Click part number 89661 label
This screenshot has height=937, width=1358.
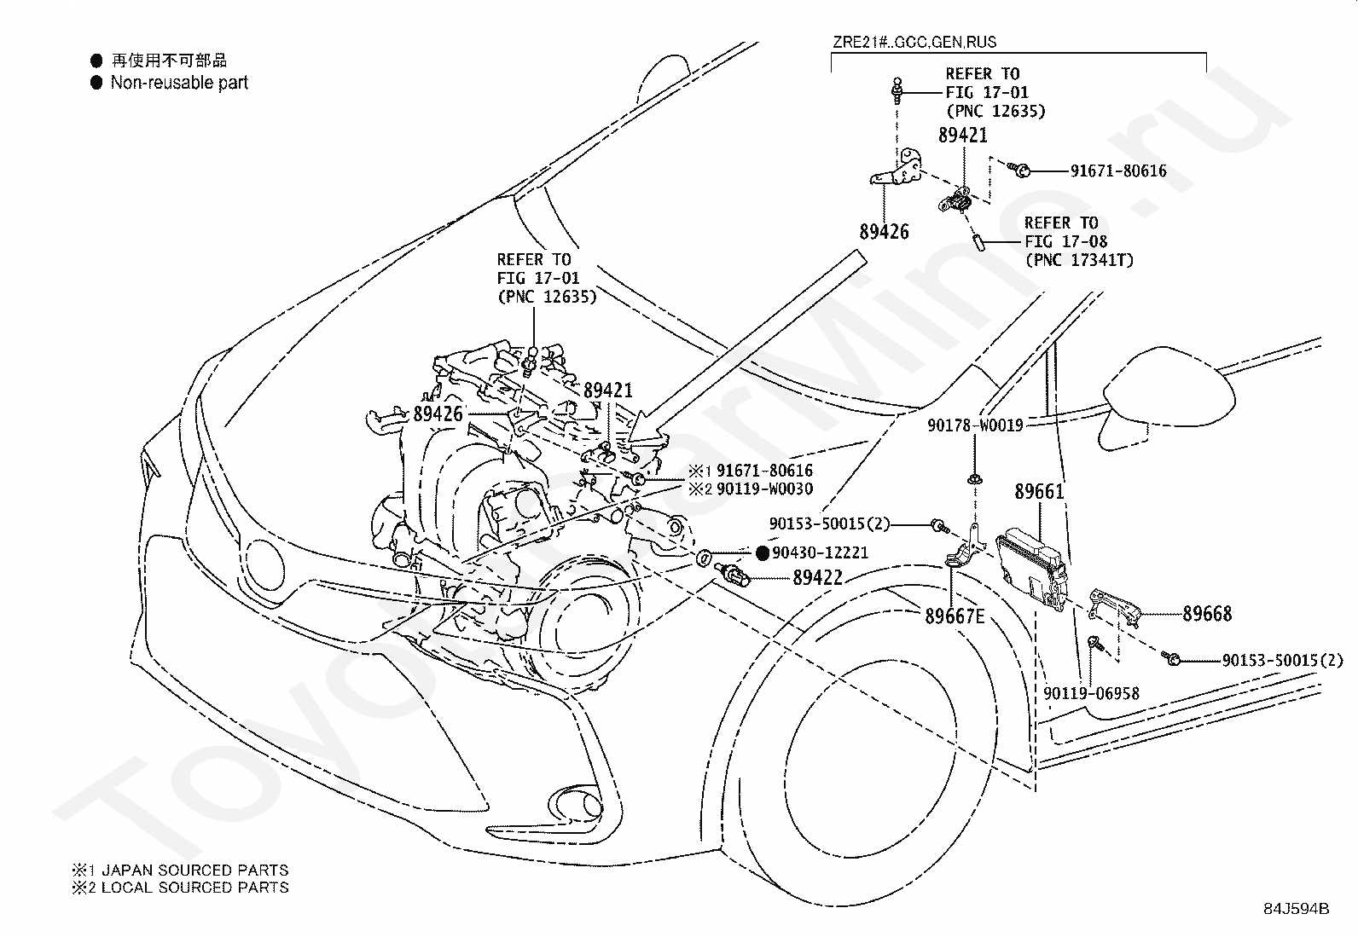1039,491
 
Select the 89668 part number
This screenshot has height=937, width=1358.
1207,613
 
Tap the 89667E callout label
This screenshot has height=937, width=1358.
955,616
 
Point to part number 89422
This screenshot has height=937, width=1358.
818,577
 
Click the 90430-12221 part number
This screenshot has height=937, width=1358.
820,552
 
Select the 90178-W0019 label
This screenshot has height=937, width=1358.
975,425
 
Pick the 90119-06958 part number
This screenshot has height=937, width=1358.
1091,693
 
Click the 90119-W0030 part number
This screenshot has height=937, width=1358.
764,489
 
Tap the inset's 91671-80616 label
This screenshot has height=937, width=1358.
1118,171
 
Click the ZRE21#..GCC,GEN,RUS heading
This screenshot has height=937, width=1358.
914,43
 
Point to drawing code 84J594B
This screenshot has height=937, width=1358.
1297,909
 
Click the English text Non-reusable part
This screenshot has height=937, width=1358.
179,83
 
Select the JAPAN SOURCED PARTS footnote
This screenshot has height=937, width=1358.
194,870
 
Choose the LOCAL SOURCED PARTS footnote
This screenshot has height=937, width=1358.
194,888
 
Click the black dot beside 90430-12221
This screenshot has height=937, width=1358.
763,552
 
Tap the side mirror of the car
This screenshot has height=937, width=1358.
1167,394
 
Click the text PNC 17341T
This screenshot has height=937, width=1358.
1080,260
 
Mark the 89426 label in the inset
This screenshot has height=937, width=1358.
884,232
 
